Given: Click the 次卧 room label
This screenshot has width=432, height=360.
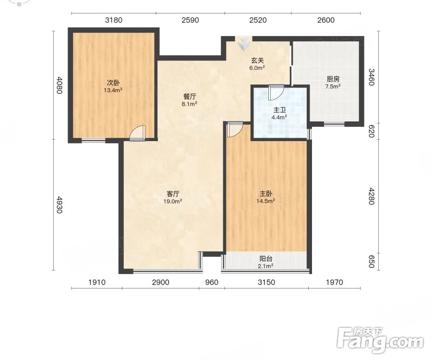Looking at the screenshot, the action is point(113,83).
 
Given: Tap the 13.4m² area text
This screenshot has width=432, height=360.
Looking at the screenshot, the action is point(113,90).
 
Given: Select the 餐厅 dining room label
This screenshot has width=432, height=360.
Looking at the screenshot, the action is point(190,96).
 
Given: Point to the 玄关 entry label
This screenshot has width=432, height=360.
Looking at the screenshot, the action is point(257,60).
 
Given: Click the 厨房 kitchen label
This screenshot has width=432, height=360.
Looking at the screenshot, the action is point(333,79).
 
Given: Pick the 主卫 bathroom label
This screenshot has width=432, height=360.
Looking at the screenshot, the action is point(279,110).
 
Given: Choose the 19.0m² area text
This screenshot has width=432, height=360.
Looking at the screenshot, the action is point(173,201).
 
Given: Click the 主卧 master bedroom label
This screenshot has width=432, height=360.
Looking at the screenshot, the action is point(265,193).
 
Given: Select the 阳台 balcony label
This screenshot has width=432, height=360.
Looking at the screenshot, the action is point(266,259).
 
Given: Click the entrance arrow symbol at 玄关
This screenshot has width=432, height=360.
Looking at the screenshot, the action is point(243,44).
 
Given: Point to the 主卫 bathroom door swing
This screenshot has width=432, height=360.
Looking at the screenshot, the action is point(276,93).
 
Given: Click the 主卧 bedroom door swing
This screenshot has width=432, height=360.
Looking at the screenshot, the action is point(235,130).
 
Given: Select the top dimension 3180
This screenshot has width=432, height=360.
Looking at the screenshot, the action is point(114,20).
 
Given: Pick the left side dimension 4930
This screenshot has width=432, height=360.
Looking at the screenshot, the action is point(59,204).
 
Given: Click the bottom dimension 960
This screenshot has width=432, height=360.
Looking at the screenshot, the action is point(212,282).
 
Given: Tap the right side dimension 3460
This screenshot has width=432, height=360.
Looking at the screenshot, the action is point(372,77).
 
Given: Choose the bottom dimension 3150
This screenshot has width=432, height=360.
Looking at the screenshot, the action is point(266,282).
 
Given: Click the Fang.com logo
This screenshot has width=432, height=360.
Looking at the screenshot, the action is point(380,340).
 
